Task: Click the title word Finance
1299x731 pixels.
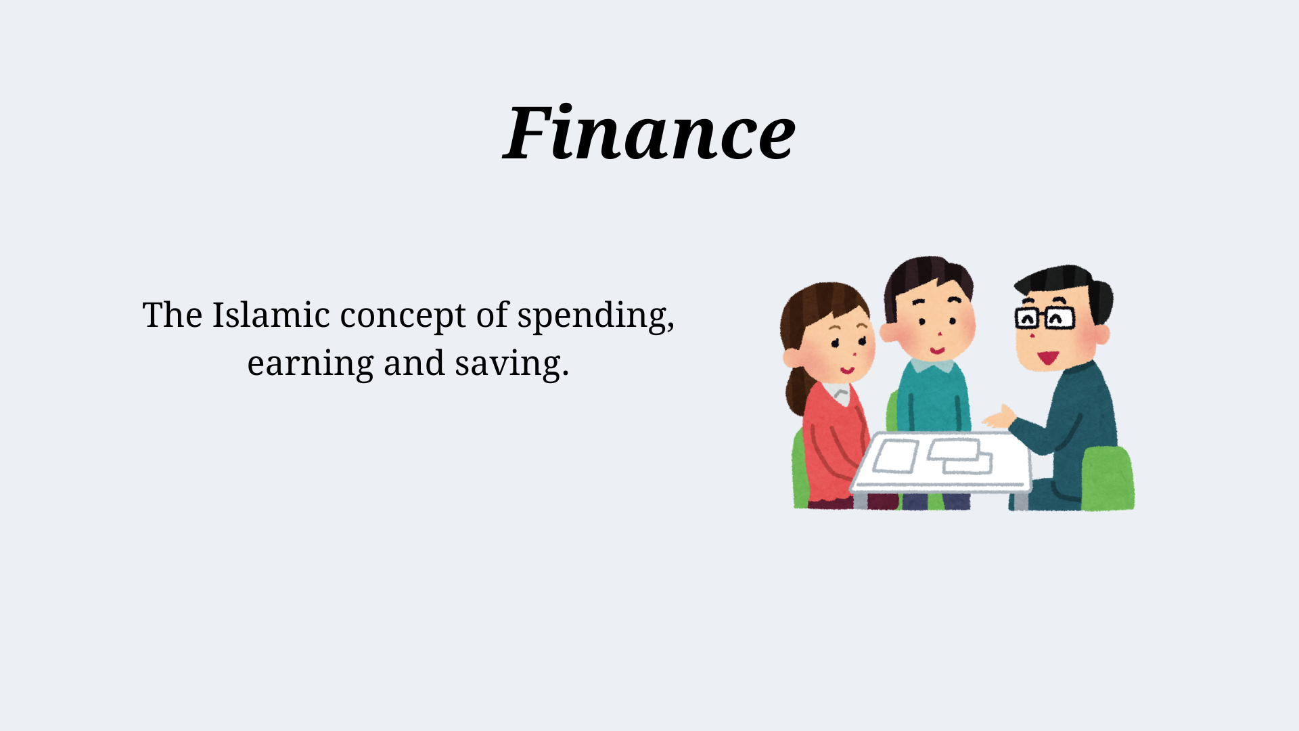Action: pyautogui.click(x=649, y=133)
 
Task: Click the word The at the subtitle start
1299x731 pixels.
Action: pyautogui.click(x=172, y=315)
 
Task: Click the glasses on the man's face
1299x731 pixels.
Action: pyautogui.click(x=1045, y=317)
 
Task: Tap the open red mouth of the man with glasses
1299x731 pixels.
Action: pyautogui.click(x=1047, y=357)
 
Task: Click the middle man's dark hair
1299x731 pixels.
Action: pyautogui.click(x=927, y=274)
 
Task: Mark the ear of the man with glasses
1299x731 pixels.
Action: pyautogui.click(x=1101, y=334)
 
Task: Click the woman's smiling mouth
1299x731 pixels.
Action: pyautogui.click(x=847, y=370)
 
